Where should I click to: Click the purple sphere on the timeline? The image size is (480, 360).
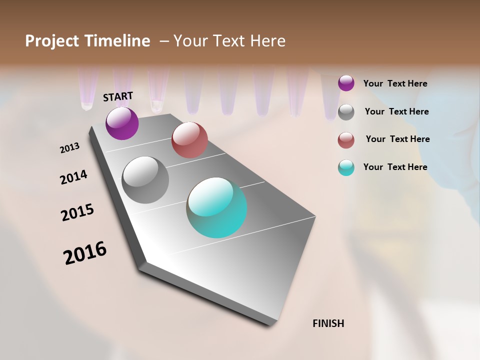point(122,123)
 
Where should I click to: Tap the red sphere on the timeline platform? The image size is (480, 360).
point(189,140)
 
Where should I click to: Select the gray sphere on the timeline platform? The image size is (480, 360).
point(145,180)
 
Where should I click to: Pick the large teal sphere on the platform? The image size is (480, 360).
point(216,207)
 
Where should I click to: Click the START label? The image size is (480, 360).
point(118,96)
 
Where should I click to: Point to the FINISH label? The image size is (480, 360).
point(328,323)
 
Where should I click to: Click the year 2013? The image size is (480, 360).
point(69,148)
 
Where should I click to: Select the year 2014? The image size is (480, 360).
point(73,177)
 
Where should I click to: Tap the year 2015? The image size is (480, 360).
point(77,212)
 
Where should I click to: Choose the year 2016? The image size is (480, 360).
point(85,253)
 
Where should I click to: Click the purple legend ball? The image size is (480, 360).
point(346,83)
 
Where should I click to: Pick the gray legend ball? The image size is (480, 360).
point(346,112)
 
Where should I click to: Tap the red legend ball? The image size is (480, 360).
point(346,140)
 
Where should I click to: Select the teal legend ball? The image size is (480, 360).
point(346,167)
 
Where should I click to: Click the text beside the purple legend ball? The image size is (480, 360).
point(395,83)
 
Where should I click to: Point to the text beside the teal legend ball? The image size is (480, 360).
point(395,167)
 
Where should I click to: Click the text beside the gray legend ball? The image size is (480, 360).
point(396,111)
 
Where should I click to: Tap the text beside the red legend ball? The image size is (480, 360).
point(397,139)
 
